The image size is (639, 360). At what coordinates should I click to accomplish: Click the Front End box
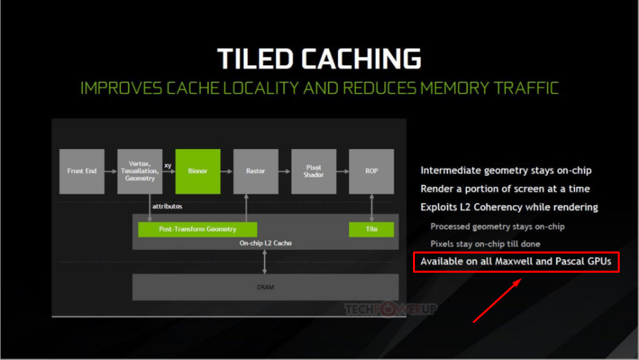tap(82, 171)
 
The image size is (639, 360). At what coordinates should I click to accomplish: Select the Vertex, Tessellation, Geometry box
tap(139, 171)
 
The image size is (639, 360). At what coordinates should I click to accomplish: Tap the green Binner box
tap(198, 171)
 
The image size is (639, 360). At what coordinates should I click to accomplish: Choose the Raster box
tap(256, 171)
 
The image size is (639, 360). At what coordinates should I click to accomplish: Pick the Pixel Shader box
tap(314, 171)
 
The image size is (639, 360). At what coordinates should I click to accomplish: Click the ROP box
tap(371, 171)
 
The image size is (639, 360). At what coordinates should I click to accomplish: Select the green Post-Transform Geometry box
tap(198, 229)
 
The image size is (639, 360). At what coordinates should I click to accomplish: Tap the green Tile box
tap(371, 229)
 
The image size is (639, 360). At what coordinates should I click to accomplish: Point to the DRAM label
tap(265, 287)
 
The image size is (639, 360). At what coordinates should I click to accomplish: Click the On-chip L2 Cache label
tap(265, 243)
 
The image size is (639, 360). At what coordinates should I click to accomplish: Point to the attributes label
tap(167, 206)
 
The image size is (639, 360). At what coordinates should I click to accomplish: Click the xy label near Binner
tap(168, 166)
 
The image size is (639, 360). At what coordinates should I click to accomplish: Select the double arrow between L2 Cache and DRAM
tap(265, 262)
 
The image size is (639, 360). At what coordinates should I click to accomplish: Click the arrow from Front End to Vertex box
tap(111, 171)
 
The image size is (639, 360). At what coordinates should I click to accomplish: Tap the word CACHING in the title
tap(361, 58)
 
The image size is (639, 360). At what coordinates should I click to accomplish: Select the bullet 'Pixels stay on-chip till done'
tap(485, 244)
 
